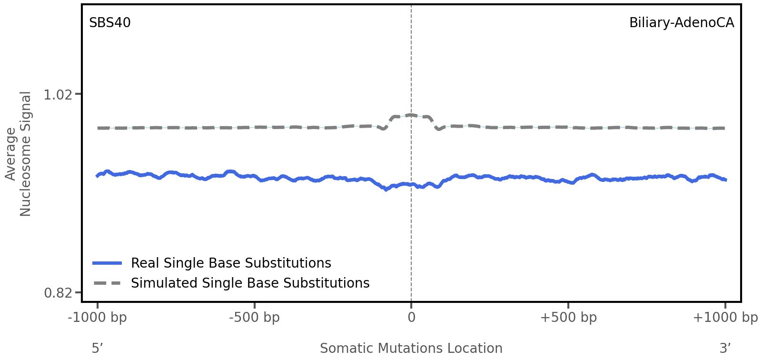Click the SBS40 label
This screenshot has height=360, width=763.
pos(109,23)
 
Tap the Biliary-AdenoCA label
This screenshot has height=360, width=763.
pos(681,23)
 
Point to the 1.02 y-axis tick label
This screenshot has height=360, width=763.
pos(58,95)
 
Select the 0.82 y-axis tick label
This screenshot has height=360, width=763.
pos(58,292)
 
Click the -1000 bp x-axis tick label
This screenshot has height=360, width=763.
pos(98,318)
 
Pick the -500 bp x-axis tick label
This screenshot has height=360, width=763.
pos(254,318)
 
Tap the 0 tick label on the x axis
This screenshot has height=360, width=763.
pos(411,318)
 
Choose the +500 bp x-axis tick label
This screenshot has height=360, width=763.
pos(568,318)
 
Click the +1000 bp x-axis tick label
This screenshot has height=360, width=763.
pos(725,318)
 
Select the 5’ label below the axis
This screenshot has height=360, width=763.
pos(98,348)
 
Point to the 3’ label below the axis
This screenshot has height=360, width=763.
pos(725,348)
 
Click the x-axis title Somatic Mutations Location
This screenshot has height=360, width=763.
pos(411,348)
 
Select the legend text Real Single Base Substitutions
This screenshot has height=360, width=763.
pos(231,263)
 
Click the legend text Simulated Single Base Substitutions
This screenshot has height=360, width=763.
pos(250,283)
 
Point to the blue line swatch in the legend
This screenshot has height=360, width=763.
pos(108,263)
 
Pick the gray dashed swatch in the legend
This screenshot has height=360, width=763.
pos(108,283)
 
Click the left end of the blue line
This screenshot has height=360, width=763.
pos(98,176)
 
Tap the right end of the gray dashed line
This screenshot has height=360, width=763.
pos(724,128)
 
